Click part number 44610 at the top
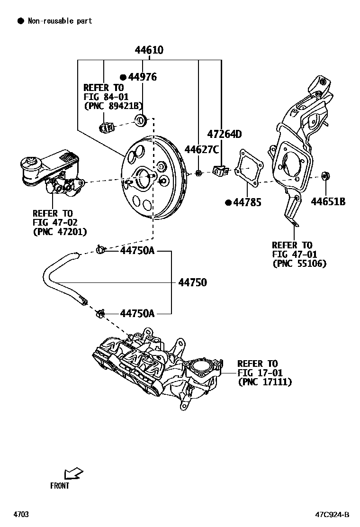(x=150, y=50)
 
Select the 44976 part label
(x=142, y=77)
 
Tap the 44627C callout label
(x=201, y=150)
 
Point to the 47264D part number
(x=224, y=135)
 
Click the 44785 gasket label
(x=247, y=202)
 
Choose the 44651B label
(x=328, y=202)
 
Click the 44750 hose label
(x=192, y=283)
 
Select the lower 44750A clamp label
(x=137, y=313)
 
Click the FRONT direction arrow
(x=73, y=473)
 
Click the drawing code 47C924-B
(x=333, y=515)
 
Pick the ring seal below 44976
(x=141, y=120)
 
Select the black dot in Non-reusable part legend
(x=20, y=21)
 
